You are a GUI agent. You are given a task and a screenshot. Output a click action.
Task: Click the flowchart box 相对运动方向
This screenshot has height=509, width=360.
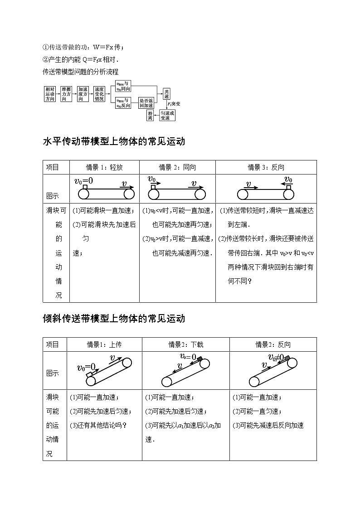[50, 93]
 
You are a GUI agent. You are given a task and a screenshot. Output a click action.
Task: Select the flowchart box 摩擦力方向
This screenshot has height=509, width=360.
[67, 93]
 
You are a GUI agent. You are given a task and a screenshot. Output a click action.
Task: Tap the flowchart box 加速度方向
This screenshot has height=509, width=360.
[83, 93]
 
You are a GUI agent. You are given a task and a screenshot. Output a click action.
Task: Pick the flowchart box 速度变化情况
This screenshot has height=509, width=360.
[99, 93]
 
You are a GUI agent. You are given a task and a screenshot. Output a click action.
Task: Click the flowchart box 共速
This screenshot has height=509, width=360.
[167, 93]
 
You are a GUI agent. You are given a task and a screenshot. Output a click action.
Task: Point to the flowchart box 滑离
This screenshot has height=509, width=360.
[150, 116]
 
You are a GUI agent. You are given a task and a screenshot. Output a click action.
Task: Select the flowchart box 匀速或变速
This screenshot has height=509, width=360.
[167, 116]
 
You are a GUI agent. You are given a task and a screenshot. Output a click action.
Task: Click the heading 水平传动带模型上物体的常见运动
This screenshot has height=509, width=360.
[114, 141]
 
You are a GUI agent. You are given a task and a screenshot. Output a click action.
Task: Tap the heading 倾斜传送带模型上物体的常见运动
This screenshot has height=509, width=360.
[114, 318]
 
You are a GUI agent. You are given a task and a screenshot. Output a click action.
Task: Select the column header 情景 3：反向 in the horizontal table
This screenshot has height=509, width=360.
[266, 167]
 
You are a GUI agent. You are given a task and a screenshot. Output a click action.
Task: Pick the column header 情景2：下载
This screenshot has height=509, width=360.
[186, 344]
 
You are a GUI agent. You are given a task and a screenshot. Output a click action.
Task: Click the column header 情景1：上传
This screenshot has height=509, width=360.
[104, 344]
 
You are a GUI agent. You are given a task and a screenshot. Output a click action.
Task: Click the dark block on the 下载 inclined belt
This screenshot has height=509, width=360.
[199, 359]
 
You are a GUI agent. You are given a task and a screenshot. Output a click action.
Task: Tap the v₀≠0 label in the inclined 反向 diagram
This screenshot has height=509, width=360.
[276, 358]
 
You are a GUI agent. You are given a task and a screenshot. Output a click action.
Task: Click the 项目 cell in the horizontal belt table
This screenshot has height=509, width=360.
[53, 167]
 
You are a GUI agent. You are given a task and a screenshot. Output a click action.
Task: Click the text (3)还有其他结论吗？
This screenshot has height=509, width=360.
[98, 425]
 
